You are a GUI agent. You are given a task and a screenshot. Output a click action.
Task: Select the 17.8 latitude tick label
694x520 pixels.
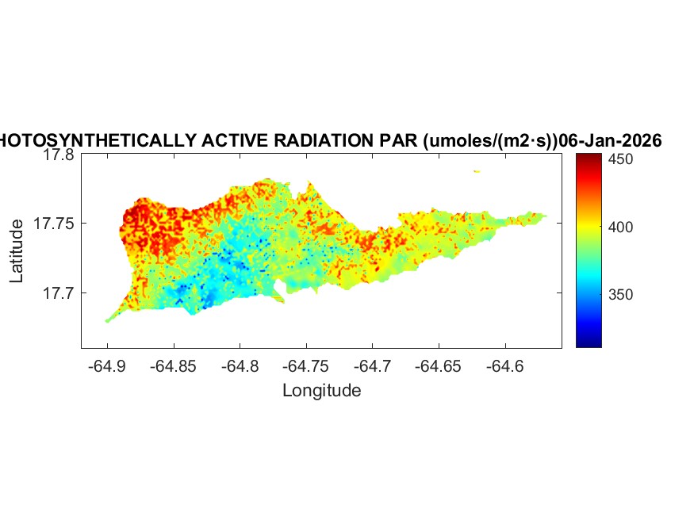click(59, 155)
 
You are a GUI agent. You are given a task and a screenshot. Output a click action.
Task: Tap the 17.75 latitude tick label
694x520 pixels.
click(55, 224)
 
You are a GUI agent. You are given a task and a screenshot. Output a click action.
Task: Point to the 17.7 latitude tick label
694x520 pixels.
click(59, 293)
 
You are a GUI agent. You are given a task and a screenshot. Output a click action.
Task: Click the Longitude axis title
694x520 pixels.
click(321, 390)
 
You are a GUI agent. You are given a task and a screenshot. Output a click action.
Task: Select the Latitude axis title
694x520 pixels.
click(17, 251)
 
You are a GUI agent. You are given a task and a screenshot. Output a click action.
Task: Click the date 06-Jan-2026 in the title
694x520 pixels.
click(610, 140)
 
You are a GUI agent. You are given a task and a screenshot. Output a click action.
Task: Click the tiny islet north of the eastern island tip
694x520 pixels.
click(477, 170)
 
